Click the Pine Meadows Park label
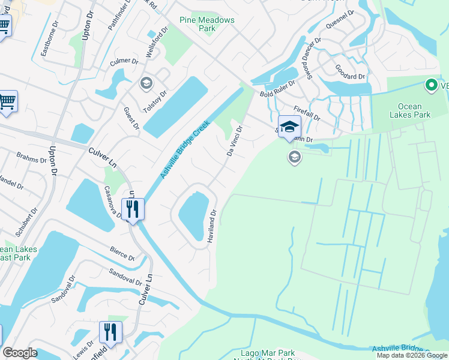(x=207, y=24)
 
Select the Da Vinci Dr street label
(x=234, y=141)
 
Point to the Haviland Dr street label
(x=211, y=226)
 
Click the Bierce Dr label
(x=122, y=253)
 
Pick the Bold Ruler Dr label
(x=279, y=90)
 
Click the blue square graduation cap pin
(x=290, y=126)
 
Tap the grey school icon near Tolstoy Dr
(x=146, y=83)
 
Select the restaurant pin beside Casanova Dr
(x=133, y=209)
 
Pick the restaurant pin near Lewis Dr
(x=110, y=331)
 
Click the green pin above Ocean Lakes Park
(x=430, y=86)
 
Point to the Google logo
(x=20, y=353)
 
